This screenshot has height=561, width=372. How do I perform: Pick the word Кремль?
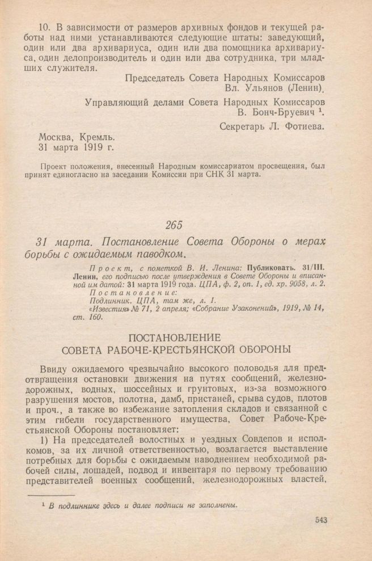pyautogui.click(x=95, y=137)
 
